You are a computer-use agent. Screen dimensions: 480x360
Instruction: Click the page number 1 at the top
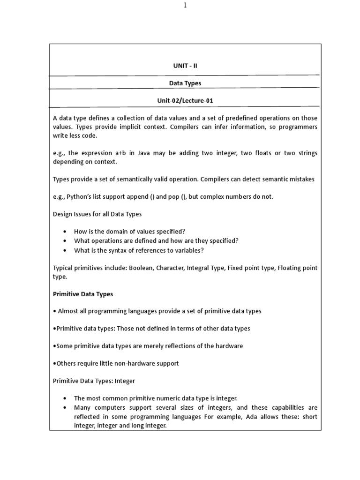(x=185, y=5)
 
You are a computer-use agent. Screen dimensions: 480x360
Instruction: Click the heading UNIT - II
(x=185, y=66)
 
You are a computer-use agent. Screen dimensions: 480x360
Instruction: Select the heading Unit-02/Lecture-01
(x=185, y=100)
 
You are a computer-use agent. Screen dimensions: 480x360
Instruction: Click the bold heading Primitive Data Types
(x=82, y=294)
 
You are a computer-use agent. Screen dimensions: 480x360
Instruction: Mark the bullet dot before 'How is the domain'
(x=64, y=232)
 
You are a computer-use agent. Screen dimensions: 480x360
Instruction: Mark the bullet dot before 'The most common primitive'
(x=64, y=398)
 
